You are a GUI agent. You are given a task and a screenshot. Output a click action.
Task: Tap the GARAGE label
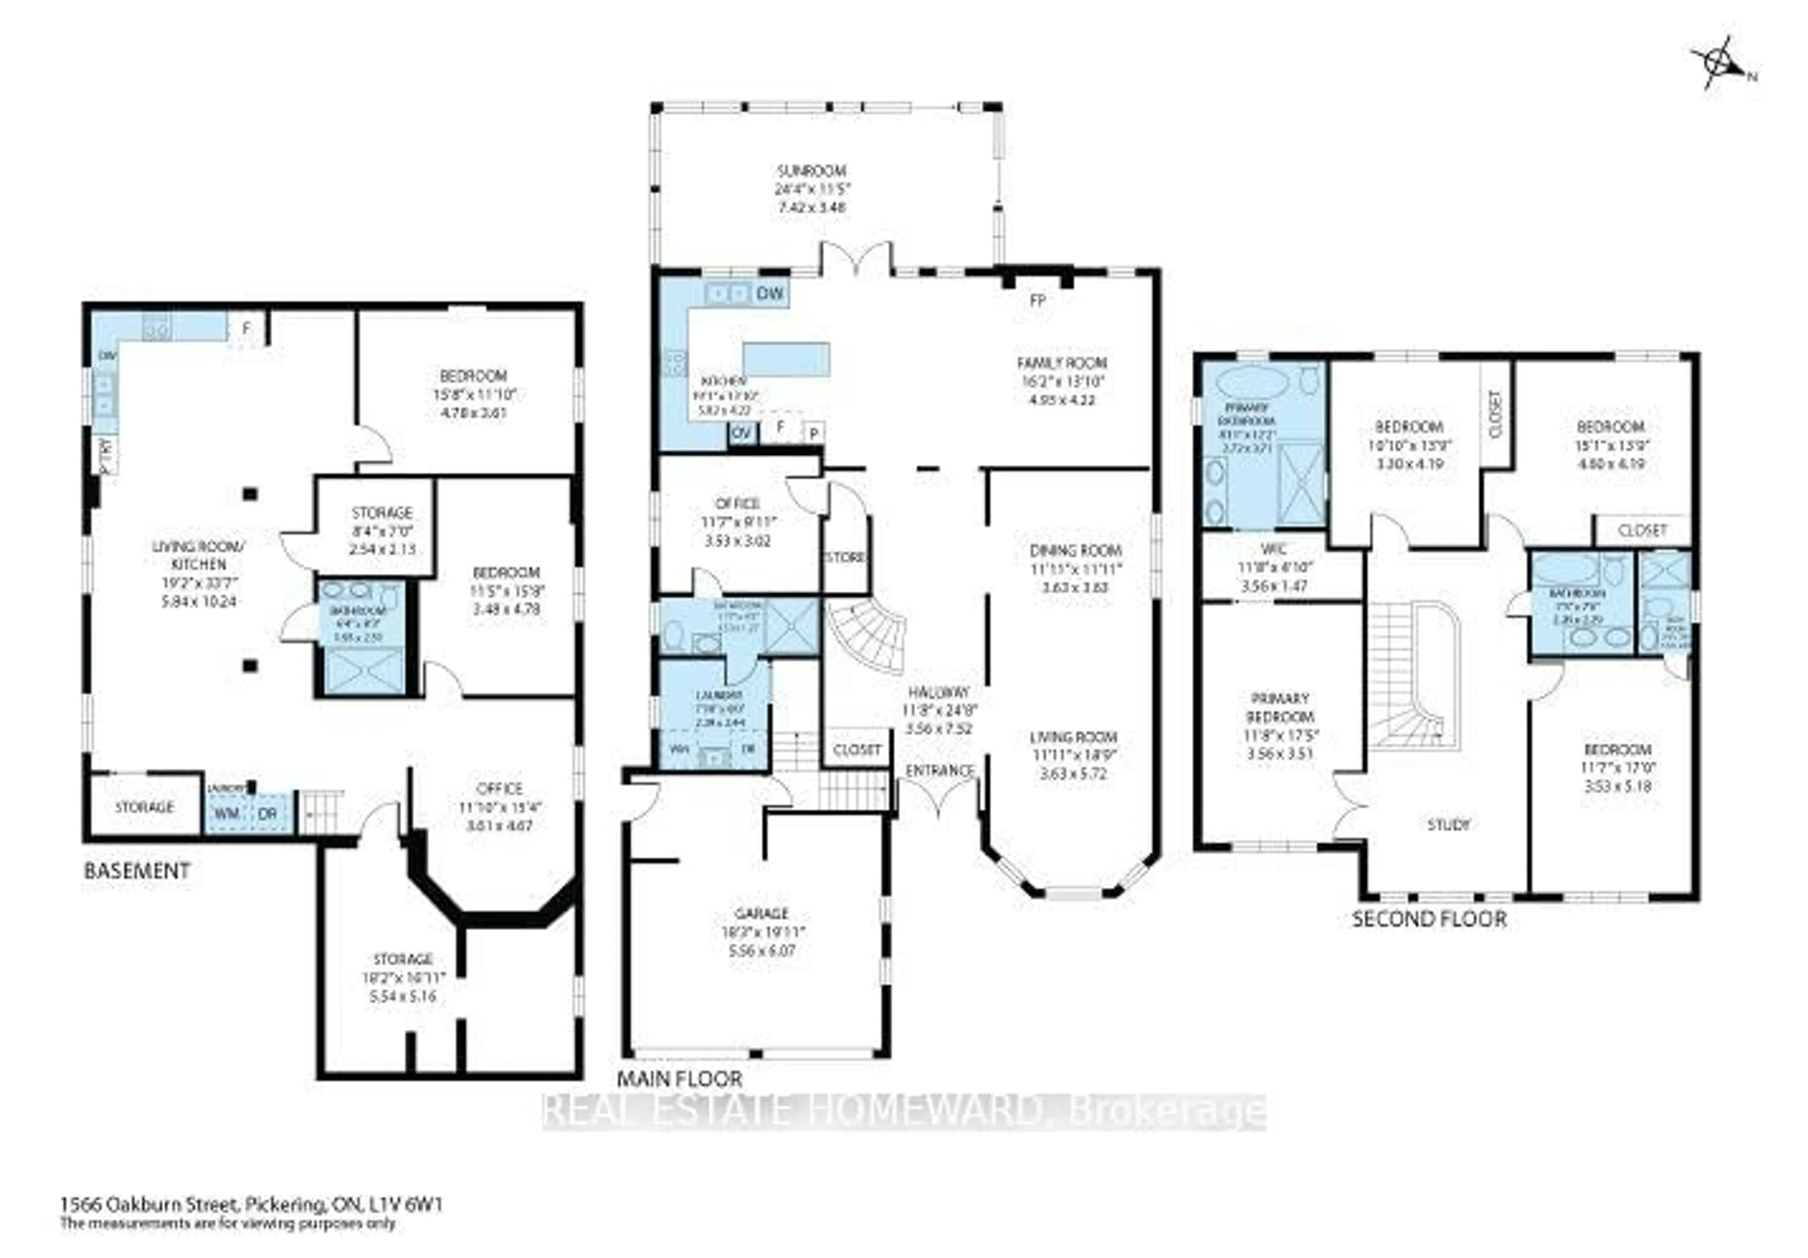pyautogui.click(x=761, y=913)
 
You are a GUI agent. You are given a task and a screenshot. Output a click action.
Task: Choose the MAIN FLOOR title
pyautogui.click(x=679, y=1079)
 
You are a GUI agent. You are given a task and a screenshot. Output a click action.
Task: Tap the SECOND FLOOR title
pyautogui.click(x=1429, y=919)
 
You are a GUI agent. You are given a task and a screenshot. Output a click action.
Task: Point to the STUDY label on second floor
pyautogui.click(x=1448, y=825)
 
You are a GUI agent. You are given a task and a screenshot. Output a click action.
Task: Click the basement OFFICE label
pyautogui.click(x=499, y=788)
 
